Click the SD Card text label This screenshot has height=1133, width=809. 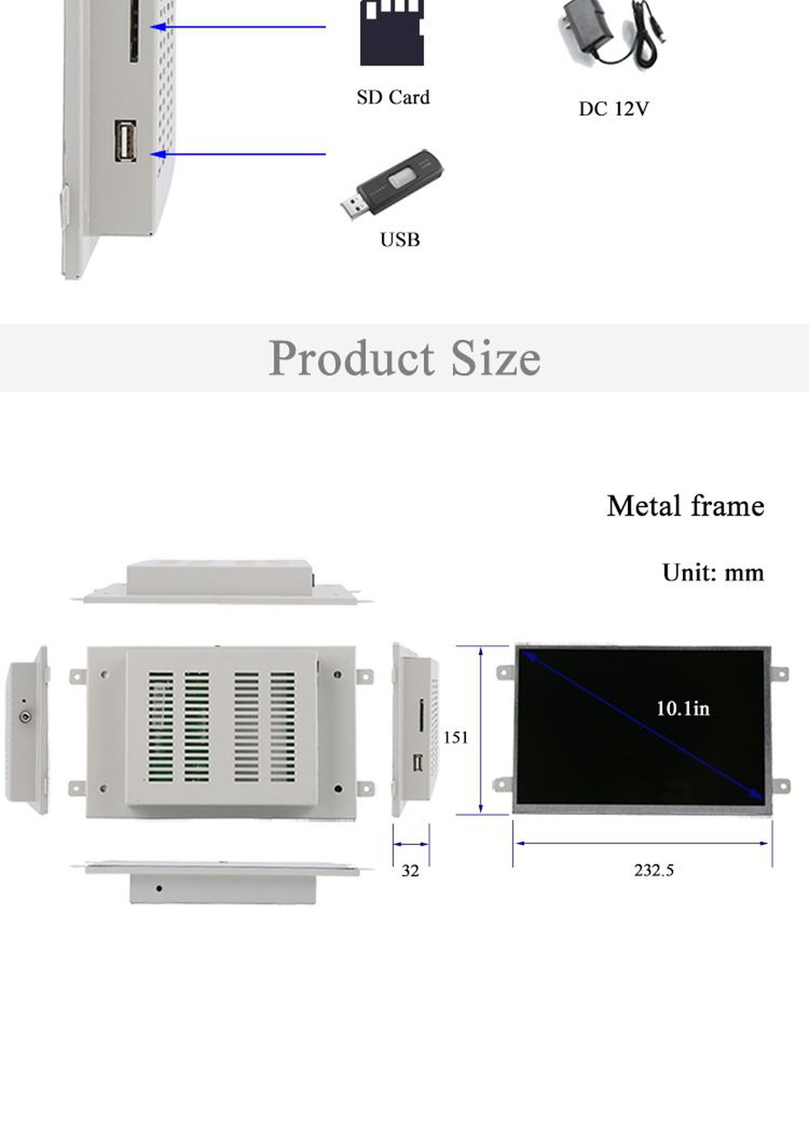coord(393,97)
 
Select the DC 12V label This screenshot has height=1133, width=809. coord(613,108)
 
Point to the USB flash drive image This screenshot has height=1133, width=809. coord(392,185)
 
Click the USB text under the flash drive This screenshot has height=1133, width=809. coord(400,240)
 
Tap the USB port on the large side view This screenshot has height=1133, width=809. coord(125,142)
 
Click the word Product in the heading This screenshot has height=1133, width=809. coord(352,358)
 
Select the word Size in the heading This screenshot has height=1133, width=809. coord(495,358)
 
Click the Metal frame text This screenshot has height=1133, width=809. coord(685,506)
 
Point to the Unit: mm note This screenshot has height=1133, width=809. coord(713,573)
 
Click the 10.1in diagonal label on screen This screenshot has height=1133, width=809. coord(683,709)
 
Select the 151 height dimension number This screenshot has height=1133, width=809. coord(455,737)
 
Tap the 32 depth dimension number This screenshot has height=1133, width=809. coord(410,871)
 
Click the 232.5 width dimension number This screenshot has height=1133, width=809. coord(654,870)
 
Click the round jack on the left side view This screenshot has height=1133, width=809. coord(26,716)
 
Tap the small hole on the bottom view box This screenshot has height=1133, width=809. coord(159,889)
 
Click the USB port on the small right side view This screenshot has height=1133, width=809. coord(418,762)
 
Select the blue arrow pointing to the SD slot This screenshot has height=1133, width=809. coord(239,27)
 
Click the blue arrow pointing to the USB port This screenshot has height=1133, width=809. coord(239,154)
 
